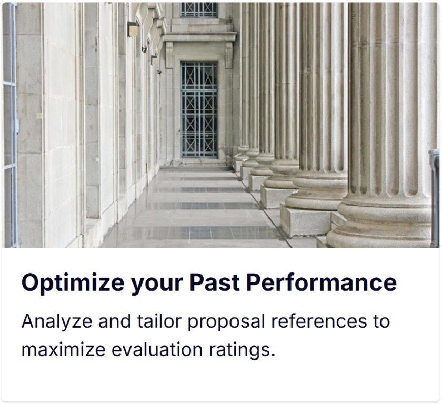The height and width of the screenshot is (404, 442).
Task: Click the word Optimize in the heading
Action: point(73,282)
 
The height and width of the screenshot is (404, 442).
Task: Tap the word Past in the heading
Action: point(214,282)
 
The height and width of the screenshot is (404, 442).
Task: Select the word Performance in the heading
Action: point(322,282)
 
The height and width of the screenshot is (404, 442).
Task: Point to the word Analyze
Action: point(57,322)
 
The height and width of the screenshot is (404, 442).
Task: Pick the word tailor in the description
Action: point(159,321)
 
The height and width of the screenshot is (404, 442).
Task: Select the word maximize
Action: point(64,350)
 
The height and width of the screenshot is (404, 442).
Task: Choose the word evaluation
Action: point(157,350)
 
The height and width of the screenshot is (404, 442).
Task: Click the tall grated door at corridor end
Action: point(199,109)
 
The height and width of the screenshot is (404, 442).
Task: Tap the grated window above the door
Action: point(199,9)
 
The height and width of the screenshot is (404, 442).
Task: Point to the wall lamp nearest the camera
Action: point(133,29)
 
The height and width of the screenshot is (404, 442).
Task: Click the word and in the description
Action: point(115,321)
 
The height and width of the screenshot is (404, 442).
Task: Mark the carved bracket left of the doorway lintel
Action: point(169,55)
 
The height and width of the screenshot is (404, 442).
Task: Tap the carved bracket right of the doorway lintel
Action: point(229,55)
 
